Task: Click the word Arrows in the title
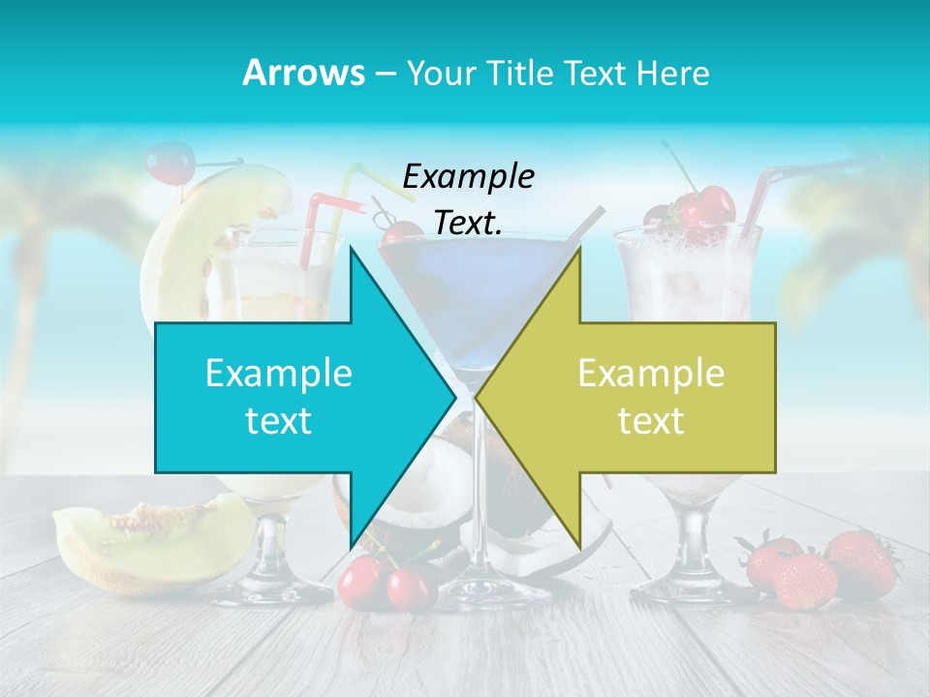coord(303,73)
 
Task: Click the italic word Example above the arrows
coord(468,176)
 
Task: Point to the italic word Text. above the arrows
coord(468,223)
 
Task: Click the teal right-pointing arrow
coord(291,397)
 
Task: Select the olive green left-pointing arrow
coord(639,397)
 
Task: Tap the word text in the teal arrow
coord(278,421)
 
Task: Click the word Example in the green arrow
coord(651,373)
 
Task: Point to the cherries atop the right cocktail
coord(702,210)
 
